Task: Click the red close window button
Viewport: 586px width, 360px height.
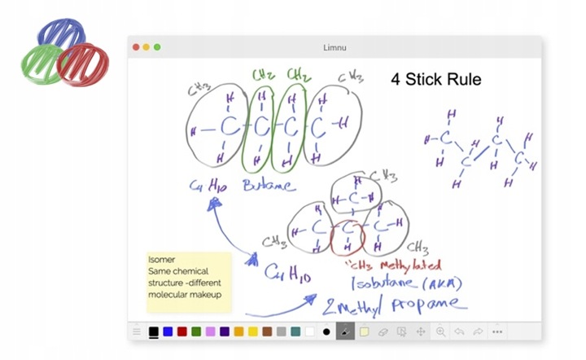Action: pyautogui.click(x=136, y=47)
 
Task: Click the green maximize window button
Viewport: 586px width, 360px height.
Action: pyautogui.click(x=157, y=47)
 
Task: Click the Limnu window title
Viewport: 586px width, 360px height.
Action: pyautogui.click(x=335, y=47)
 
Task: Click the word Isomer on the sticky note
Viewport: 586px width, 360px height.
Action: pyautogui.click(x=163, y=259)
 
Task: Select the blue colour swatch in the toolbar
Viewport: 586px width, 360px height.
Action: pyautogui.click(x=168, y=331)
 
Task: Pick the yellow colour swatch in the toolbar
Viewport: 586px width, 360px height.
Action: pyautogui.click(x=253, y=331)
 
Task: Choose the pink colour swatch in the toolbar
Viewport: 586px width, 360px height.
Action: pyautogui.click(x=210, y=331)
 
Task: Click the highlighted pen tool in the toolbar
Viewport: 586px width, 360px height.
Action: pyautogui.click(x=344, y=331)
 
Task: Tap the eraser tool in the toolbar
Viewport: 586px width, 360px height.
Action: pyautogui.click(x=383, y=331)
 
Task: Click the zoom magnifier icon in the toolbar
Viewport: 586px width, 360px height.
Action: pyautogui.click(x=440, y=331)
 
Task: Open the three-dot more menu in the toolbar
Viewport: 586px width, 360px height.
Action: pyautogui.click(x=497, y=331)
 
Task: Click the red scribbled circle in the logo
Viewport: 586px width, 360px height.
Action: pyautogui.click(x=82, y=63)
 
